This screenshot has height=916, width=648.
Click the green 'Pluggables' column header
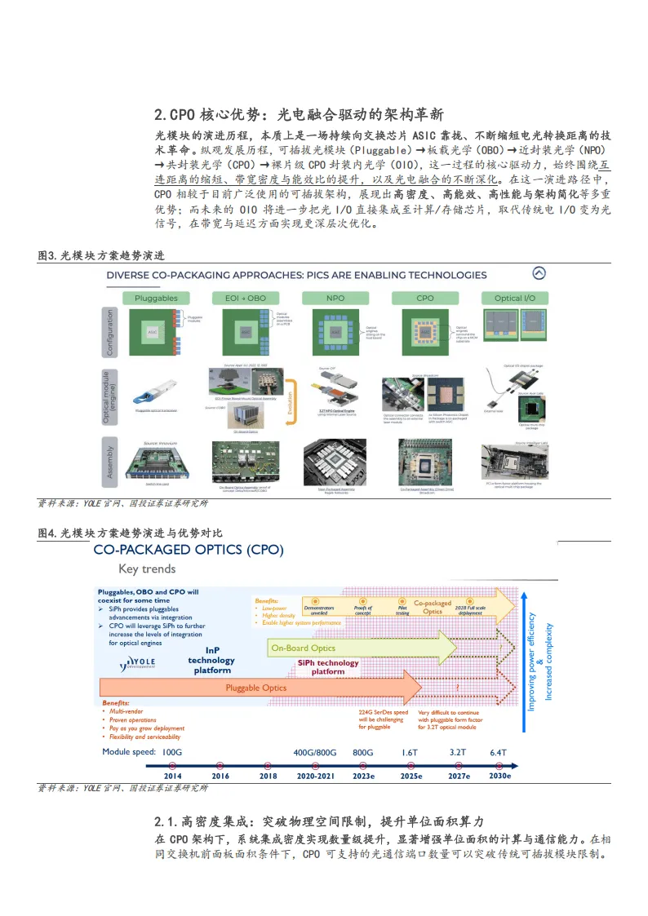click(156, 299)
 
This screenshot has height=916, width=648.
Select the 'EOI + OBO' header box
click(245, 299)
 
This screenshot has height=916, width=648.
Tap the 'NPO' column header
click(335, 299)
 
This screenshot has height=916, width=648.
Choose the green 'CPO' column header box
click(425, 299)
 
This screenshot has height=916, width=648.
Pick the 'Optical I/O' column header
click(514, 299)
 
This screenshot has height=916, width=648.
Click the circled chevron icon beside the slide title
click(539, 274)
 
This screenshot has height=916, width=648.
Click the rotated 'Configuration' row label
click(110, 332)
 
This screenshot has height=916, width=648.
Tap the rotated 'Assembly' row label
click(110, 462)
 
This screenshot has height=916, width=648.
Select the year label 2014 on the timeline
click(172, 776)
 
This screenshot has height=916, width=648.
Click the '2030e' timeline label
click(499, 776)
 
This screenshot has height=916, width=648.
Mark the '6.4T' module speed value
click(498, 752)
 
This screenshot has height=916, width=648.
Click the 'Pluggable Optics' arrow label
click(255, 688)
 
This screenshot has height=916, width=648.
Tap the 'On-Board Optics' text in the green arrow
click(303, 648)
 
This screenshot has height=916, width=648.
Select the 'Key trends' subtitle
click(147, 569)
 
